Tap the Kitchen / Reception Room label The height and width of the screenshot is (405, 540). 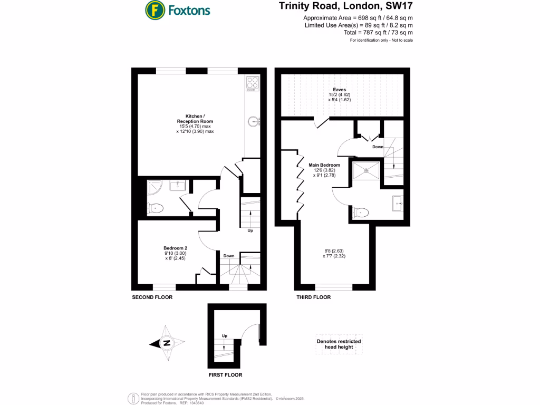click(195, 123)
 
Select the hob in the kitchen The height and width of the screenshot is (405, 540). click(253, 83)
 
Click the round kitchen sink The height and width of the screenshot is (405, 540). click(254, 121)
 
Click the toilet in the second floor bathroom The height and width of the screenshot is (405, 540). click(156, 209)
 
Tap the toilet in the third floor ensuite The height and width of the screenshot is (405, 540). click(361, 212)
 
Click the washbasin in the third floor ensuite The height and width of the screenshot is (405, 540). click(398, 202)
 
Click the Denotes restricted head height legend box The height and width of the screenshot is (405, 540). click(339, 344)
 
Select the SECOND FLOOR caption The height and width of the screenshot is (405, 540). click(152, 297)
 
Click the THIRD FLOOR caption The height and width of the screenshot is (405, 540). click(313, 297)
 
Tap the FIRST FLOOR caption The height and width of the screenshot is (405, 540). click(225, 375)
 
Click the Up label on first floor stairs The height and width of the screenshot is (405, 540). click(224, 336)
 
